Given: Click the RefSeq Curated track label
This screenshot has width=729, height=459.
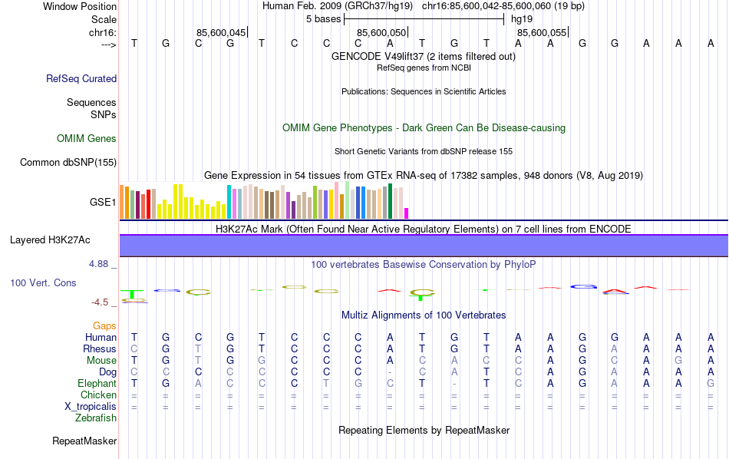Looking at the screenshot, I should (x=81, y=78).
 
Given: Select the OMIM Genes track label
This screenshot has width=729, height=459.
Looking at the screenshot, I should (x=87, y=139).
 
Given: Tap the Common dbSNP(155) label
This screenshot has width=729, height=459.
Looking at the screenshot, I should (x=68, y=162).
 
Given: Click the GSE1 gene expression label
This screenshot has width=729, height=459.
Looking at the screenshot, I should (x=103, y=203).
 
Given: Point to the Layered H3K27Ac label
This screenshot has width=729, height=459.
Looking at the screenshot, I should (x=50, y=240).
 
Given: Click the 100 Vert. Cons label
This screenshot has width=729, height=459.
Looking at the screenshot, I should (x=43, y=283).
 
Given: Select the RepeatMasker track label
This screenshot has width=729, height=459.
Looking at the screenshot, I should (x=84, y=441).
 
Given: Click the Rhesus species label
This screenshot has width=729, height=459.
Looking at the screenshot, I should (x=99, y=348).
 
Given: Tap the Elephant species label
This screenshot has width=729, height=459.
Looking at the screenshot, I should (x=97, y=383).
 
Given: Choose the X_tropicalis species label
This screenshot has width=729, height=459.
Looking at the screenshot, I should (x=90, y=406).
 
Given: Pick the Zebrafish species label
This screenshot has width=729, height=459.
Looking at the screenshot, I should (x=96, y=418).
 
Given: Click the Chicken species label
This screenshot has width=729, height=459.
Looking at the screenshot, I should (x=98, y=395).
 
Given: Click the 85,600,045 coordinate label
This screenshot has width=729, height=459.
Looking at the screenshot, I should (x=221, y=32).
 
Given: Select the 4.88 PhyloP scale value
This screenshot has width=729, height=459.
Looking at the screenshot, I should (x=100, y=264).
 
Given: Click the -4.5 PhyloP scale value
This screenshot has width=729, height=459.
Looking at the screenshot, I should (x=100, y=302).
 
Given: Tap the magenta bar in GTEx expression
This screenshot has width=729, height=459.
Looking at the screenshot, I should (x=407, y=213).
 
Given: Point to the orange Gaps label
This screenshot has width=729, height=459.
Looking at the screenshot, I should (x=104, y=326).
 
